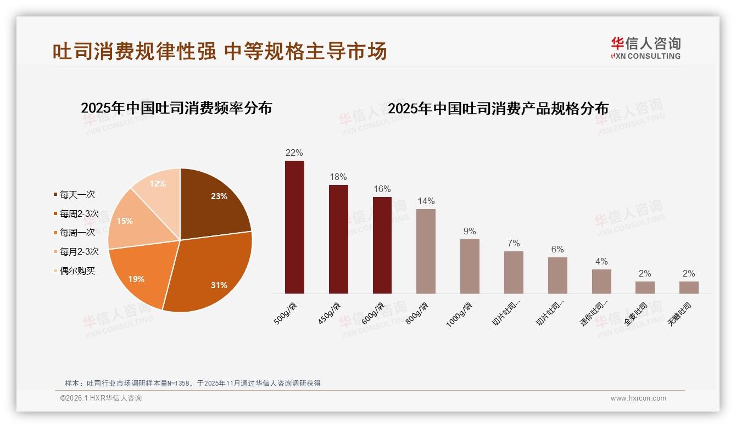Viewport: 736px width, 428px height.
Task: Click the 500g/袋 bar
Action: pos(294,227)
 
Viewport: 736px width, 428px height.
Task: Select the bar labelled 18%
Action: pos(338,239)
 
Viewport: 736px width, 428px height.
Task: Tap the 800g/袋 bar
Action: pos(426,251)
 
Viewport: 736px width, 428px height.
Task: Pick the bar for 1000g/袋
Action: pos(470,266)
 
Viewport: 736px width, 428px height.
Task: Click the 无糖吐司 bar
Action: pos(689,288)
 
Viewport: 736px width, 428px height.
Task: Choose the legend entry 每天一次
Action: pos(77,195)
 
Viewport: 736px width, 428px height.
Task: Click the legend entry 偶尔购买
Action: pos(77,271)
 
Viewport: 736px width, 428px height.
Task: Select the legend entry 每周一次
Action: pos(77,233)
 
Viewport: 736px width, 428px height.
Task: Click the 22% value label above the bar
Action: pos(294,153)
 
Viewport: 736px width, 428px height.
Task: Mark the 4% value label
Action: pos(601,261)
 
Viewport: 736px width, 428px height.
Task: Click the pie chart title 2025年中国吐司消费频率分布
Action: pos(176,108)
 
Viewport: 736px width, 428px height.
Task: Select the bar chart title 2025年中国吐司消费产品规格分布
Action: pos(498,109)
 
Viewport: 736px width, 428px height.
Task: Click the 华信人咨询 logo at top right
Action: pos(645,48)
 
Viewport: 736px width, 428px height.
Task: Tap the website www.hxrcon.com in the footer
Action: pos(638,398)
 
